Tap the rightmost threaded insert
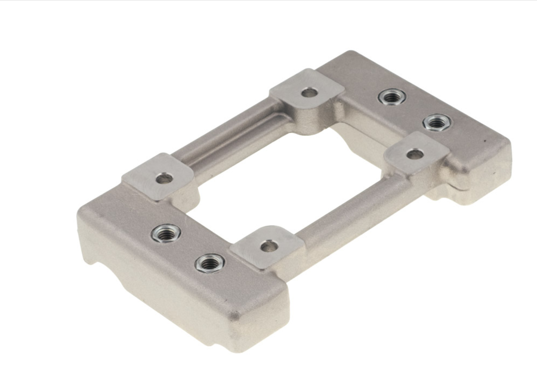click(437, 122)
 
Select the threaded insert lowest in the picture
click(209, 262)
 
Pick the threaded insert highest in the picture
click(392, 96)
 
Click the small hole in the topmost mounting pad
click(309, 92)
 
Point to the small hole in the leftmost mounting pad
click(163, 178)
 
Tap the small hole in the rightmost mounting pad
click(415, 154)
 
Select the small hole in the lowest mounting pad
click(268, 245)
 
